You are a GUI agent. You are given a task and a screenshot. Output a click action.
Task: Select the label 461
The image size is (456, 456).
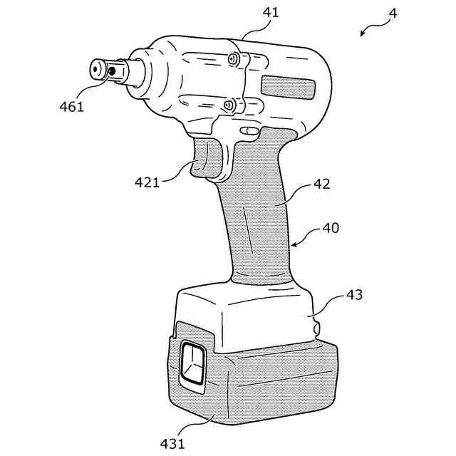pyautogui.click(x=71, y=108)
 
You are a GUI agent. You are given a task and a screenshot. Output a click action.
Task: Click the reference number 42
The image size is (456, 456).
pyautogui.click(x=323, y=183)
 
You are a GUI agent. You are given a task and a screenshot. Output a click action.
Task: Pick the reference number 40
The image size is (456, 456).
pyautogui.click(x=331, y=229)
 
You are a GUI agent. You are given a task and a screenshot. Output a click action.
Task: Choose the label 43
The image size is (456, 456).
pyautogui.click(x=353, y=294)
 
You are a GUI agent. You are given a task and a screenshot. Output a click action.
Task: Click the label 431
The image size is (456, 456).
pyautogui.click(x=172, y=443)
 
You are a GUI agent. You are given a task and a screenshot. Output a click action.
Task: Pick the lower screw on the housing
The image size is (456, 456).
pyautogui.click(x=228, y=106)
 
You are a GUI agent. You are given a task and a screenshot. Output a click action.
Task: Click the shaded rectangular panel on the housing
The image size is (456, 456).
pyautogui.click(x=288, y=88)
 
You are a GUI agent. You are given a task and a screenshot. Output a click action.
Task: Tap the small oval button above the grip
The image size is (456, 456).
pyautogui.click(x=249, y=131)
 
